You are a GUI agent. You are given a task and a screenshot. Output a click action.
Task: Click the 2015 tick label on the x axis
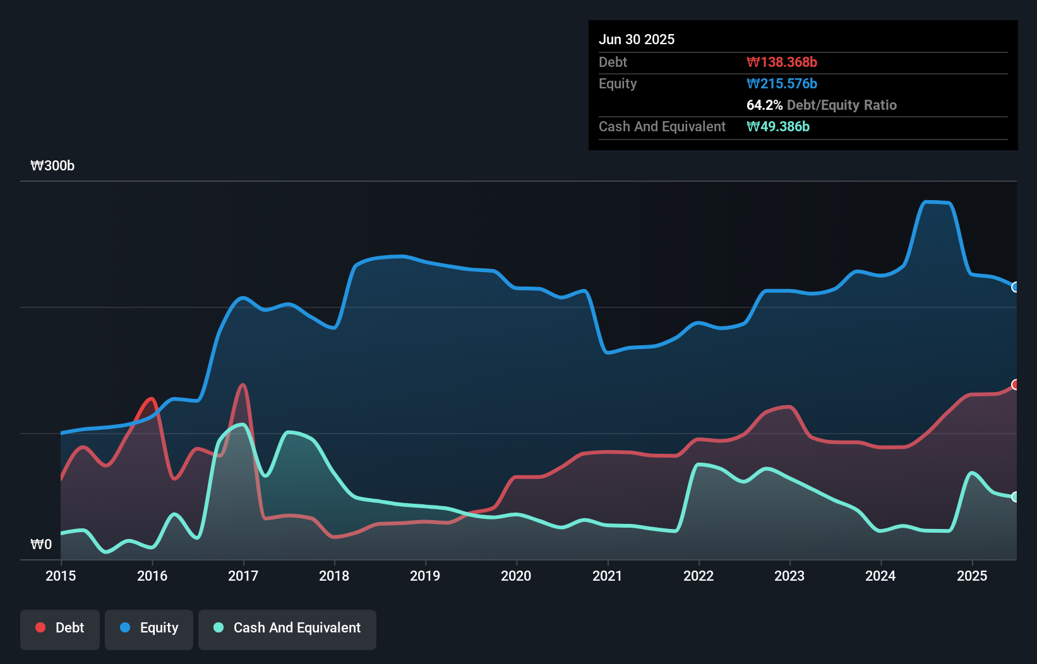61,576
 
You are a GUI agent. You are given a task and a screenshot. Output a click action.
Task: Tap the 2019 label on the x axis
425,576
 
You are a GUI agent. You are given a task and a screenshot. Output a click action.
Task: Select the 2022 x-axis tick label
698,576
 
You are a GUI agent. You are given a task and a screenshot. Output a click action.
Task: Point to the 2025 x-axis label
972,576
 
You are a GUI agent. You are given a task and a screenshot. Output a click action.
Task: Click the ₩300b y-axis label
52,166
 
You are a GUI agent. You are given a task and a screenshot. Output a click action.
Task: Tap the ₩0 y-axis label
41,544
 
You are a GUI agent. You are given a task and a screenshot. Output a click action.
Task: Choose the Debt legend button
60,628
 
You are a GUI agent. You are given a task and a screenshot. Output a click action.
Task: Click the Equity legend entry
149,628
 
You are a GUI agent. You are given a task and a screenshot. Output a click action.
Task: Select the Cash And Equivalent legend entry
287,628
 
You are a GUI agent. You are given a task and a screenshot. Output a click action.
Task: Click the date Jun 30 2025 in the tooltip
637,39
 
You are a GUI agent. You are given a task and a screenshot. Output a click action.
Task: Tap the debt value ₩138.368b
782,62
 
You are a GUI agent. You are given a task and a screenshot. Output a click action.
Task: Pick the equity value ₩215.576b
782,83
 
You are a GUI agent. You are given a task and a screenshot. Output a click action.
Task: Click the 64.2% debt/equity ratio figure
764,105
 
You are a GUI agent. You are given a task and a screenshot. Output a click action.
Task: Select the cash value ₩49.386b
778,126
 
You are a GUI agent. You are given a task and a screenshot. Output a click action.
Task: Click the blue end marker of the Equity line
1016,287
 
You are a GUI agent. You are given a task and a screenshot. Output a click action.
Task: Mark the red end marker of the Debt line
1016,384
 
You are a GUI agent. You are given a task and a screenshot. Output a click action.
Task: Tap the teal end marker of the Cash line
1016,497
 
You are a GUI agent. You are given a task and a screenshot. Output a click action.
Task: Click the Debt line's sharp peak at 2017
243,385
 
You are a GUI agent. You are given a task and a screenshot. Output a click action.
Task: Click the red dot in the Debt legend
40,627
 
